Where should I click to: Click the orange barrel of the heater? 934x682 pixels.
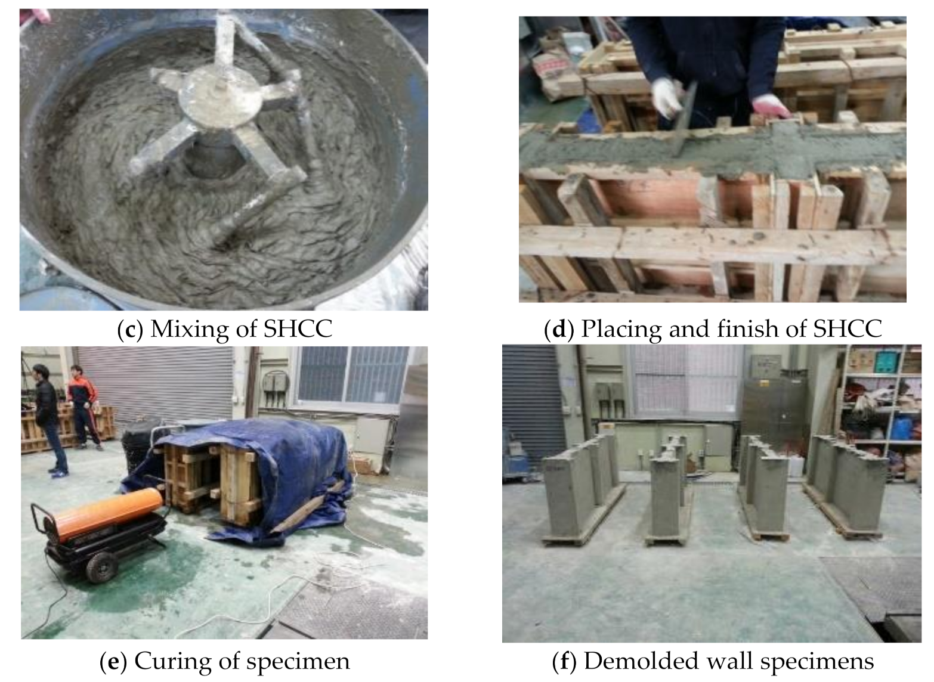pyautogui.click(x=108, y=514)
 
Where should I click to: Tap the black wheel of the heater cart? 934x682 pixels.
pyautogui.click(x=101, y=568)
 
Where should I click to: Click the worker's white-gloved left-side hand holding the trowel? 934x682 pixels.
pyautogui.click(x=667, y=98)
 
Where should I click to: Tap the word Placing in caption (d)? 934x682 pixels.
pyautogui.click(x=621, y=330)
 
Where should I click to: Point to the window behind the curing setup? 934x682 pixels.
pyautogui.click(x=352, y=375)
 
